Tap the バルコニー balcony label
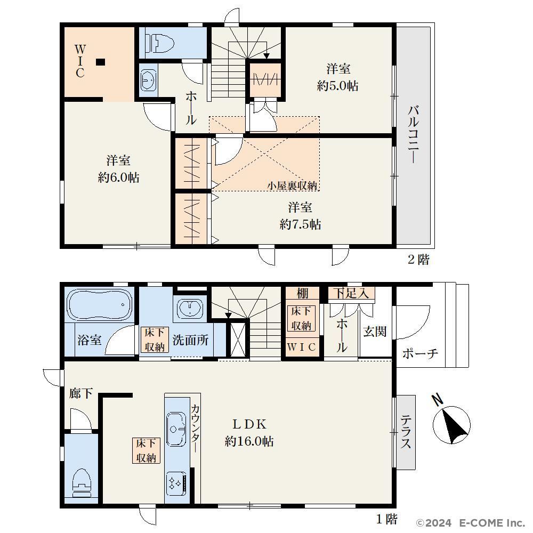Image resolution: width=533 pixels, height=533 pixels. coord(414,135)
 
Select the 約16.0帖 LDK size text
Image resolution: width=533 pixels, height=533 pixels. coord(249,441)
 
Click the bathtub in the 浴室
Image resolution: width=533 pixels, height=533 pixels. coord(100,304)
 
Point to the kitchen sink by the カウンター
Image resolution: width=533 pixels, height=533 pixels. coord(176,430)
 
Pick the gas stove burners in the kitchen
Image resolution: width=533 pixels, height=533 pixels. coord(176,484)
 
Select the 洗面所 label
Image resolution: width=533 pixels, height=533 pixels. coord(190,340)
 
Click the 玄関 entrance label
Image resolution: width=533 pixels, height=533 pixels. coord(375,332)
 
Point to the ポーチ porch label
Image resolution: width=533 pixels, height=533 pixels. coord(420,354)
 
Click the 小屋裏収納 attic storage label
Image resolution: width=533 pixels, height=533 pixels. coord(292,185)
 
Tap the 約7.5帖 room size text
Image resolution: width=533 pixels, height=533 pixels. coord(300,224)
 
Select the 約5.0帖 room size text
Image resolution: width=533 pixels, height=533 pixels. coord(337,86)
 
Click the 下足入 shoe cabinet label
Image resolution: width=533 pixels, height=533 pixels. coord(351,293)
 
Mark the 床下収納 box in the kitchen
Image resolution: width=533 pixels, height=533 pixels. coord(146,450)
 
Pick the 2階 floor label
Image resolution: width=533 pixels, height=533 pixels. coord(419,260)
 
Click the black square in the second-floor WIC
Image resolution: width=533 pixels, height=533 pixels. coord(100,62)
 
